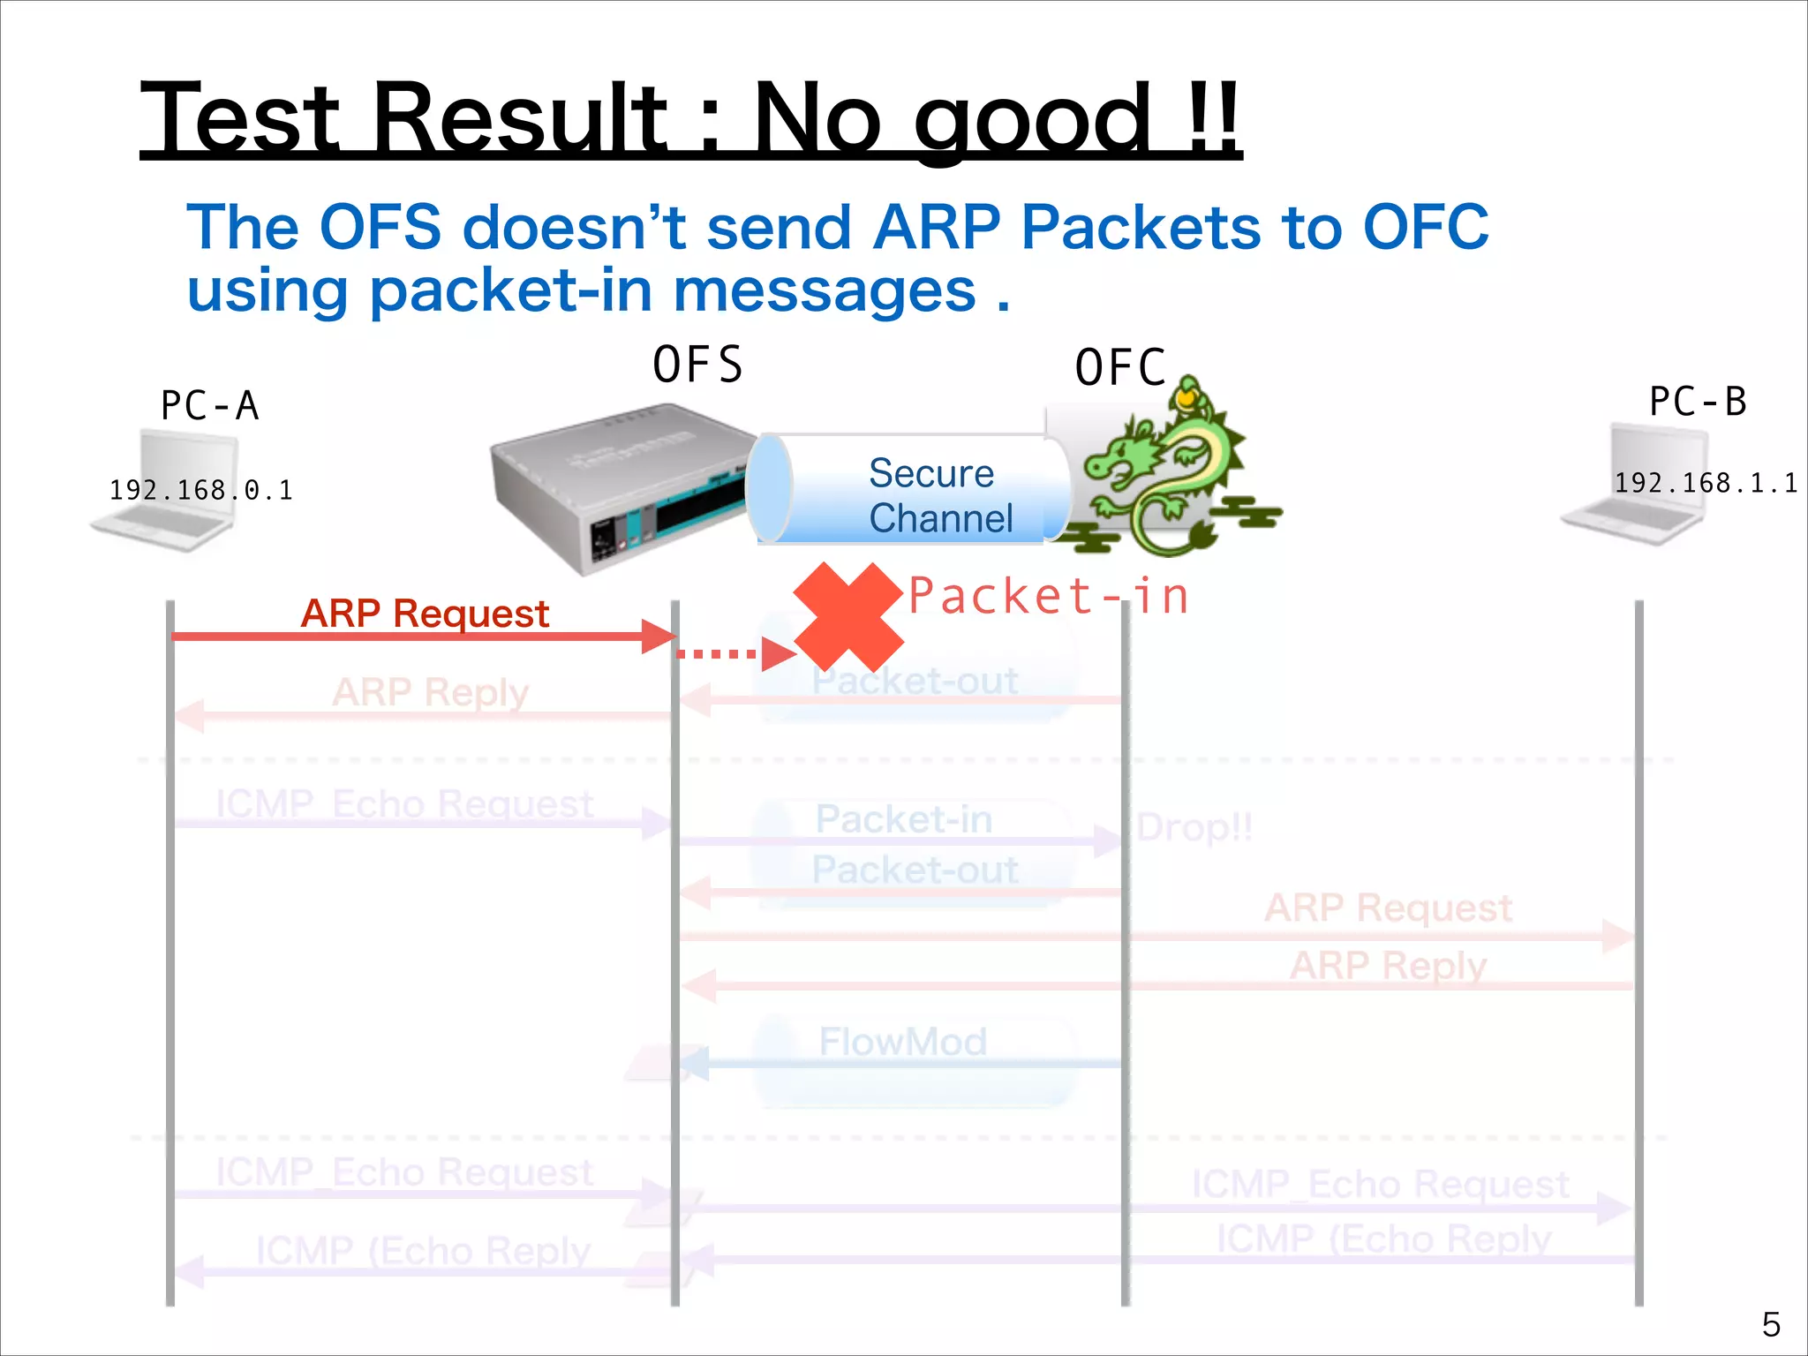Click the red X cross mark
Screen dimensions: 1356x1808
[848, 617]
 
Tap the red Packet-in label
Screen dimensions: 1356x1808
[1049, 596]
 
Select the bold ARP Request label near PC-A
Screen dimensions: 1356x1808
[425, 613]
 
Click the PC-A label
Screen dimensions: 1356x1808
[209, 405]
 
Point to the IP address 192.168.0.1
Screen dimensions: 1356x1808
[200, 490]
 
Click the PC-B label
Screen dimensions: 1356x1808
[1698, 402]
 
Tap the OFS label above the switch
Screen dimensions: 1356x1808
[697, 365]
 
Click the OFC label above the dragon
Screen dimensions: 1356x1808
[1120, 368]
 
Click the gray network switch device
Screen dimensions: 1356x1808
[618, 486]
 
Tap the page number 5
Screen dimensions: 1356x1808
[1771, 1324]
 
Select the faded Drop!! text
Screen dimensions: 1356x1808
[1194, 827]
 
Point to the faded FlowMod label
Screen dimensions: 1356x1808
[902, 1042]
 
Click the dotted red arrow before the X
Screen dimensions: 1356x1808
[728, 654]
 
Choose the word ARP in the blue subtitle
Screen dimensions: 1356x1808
[937, 227]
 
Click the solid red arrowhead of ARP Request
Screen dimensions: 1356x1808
[658, 637]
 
